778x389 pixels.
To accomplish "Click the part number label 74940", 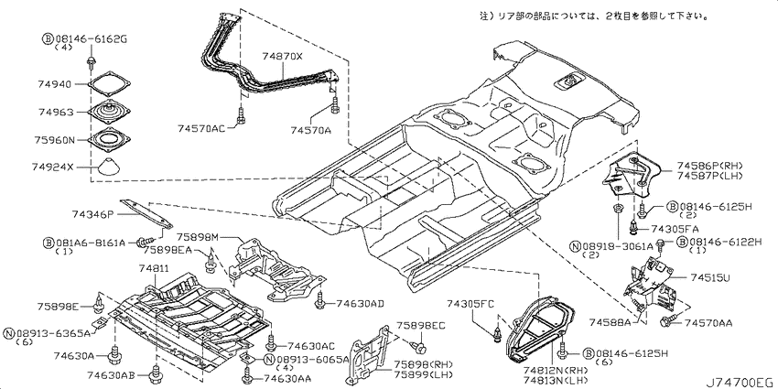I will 56,82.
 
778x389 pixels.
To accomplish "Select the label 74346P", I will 92,214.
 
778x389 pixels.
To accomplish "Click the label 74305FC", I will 470,303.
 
